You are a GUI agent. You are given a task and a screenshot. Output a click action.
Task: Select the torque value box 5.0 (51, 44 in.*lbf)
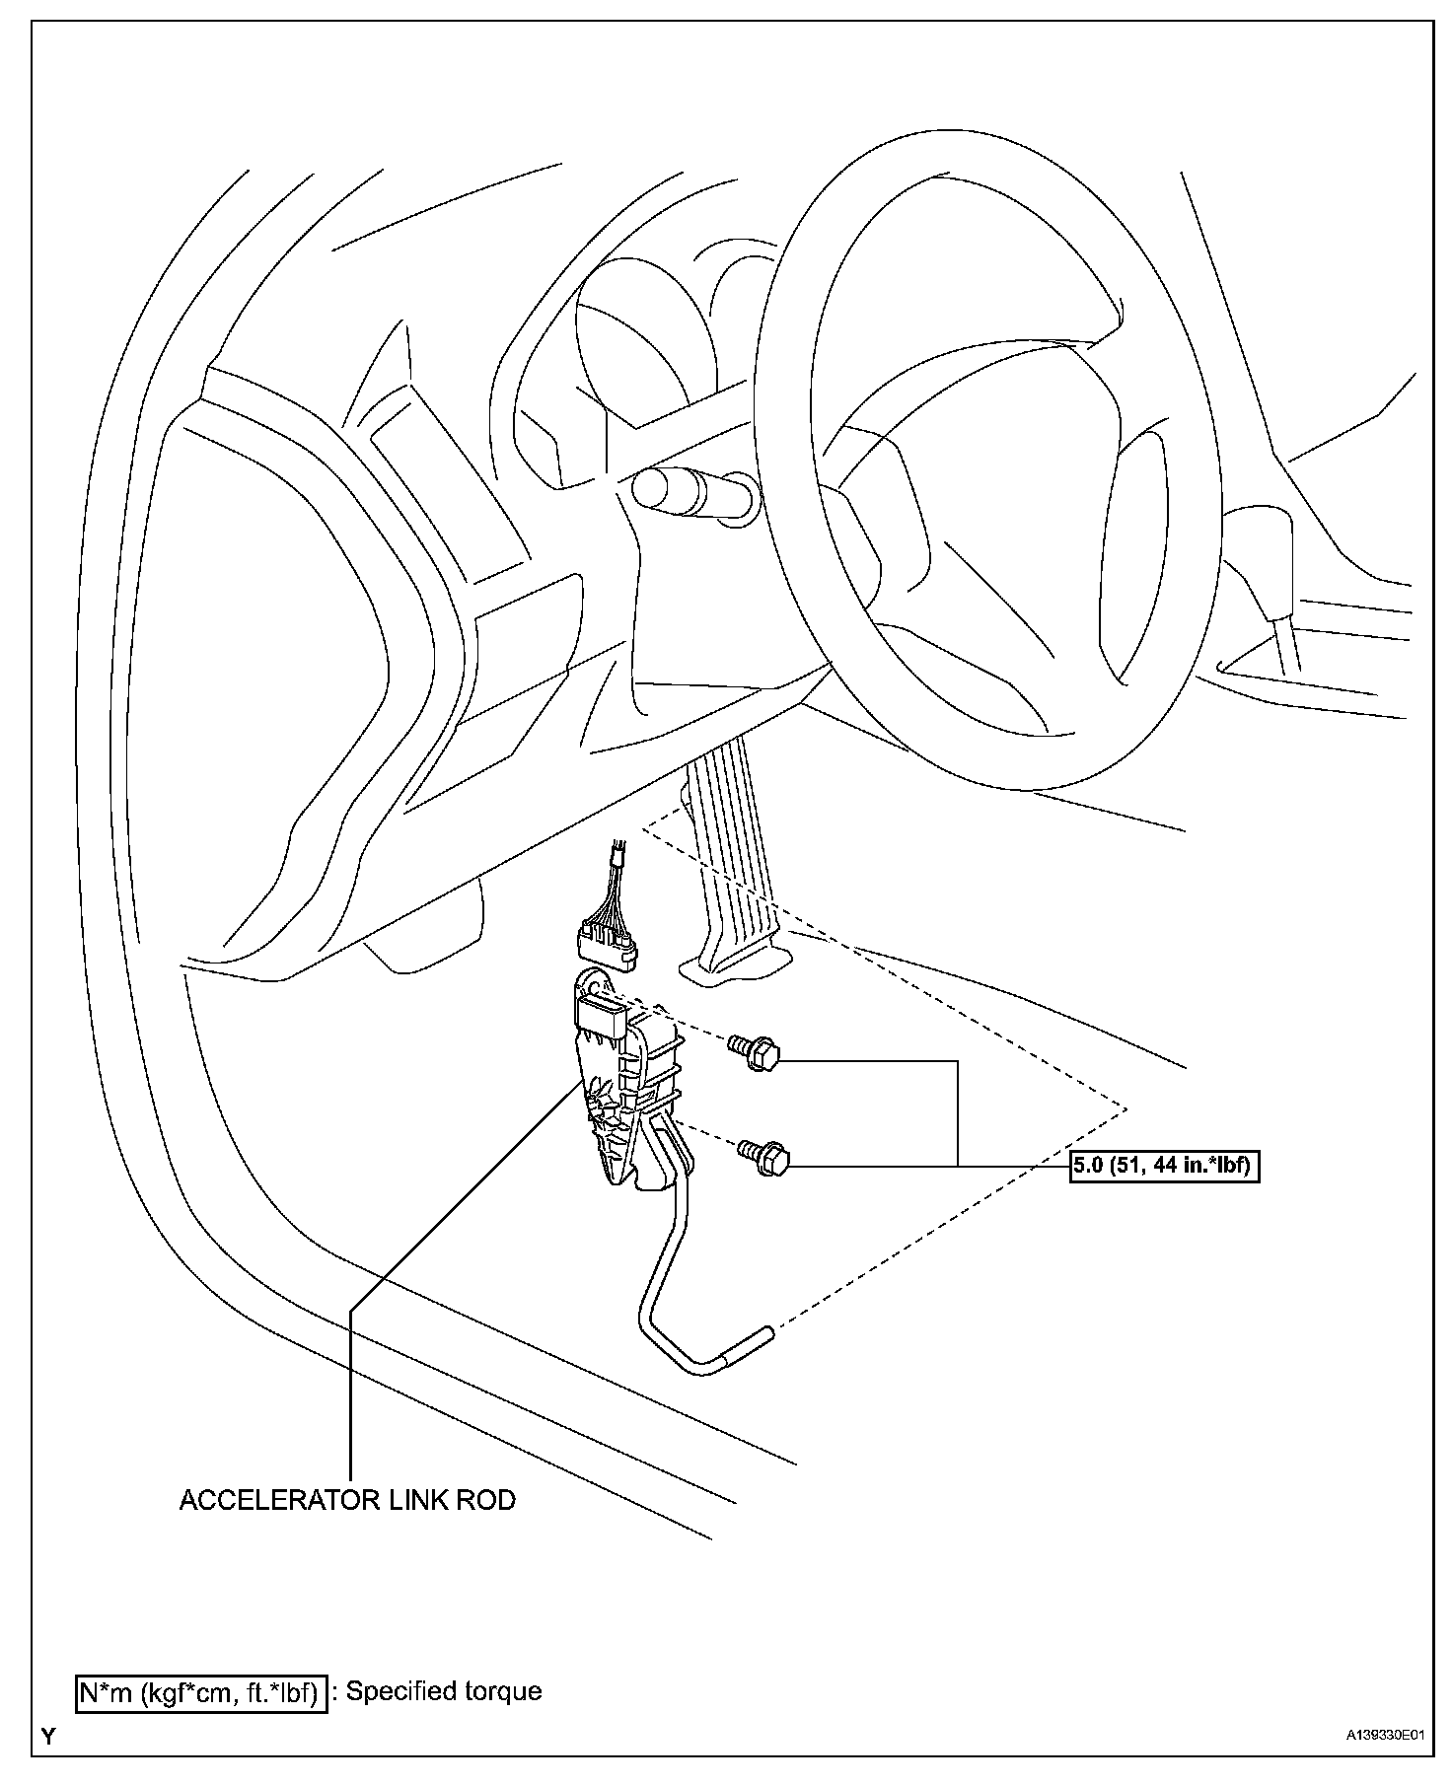click(1165, 1166)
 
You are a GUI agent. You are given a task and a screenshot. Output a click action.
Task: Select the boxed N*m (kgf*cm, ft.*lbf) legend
click(201, 1692)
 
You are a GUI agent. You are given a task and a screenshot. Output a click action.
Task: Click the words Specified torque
click(444, 1691)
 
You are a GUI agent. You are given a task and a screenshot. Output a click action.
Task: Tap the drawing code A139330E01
click(1385, 1735)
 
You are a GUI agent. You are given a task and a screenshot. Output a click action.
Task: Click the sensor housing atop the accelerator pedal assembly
click(598, 1015)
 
